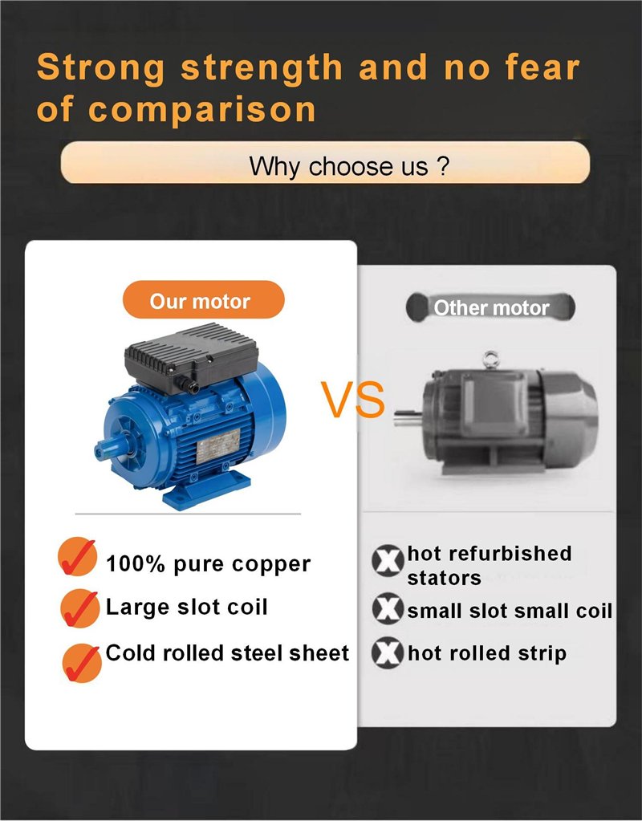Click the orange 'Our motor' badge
[204, 299]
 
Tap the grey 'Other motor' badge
[490, 307]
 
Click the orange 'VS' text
[352, 400]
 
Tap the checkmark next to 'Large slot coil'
[79, 608]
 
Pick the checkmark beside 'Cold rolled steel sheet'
[82, 663]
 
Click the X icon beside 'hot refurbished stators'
[388, 561]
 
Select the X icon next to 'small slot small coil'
[388, 608]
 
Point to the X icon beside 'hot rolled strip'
[388, 653]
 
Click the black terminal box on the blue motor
[191, 357]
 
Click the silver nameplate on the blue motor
[217, 445]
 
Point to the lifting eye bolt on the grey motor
[490, 360]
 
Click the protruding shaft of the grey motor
[408, 418]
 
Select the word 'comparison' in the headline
[201, 110]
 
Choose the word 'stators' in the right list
[444, 578]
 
